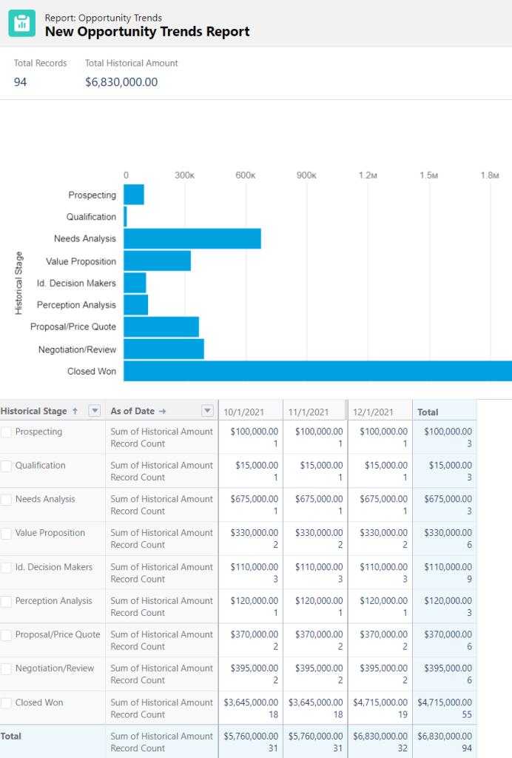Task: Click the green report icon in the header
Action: click(21, 24)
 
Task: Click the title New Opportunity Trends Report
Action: click(147, 32)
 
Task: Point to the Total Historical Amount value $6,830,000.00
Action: click(121, 82)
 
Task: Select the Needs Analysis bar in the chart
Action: click(192, 239)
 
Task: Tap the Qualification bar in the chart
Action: click(125, 217)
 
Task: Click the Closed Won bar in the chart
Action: click(317, 371)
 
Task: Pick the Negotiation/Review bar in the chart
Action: click(164, 349)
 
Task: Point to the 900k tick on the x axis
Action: click(306, 175)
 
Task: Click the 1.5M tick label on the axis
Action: click(428, 175)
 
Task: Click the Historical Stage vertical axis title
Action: click(19, 284)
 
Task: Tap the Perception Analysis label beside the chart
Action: click(76, 305)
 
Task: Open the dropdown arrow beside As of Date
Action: click(208, 412)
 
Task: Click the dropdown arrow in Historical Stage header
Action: click(94, 412)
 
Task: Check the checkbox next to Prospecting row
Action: click(7, 432)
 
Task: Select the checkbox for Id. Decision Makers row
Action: click(7, 568)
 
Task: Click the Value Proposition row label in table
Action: click(50, 533)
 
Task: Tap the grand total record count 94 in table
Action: click(466, 748)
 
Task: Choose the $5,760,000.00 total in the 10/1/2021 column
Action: click(251, 737)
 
